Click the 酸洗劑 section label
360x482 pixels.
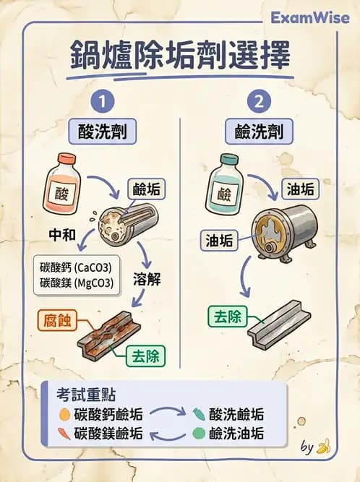107,132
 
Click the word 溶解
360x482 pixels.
148,277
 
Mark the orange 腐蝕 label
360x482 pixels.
57,320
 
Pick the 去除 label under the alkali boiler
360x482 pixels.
228,316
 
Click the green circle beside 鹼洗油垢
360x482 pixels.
200,434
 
